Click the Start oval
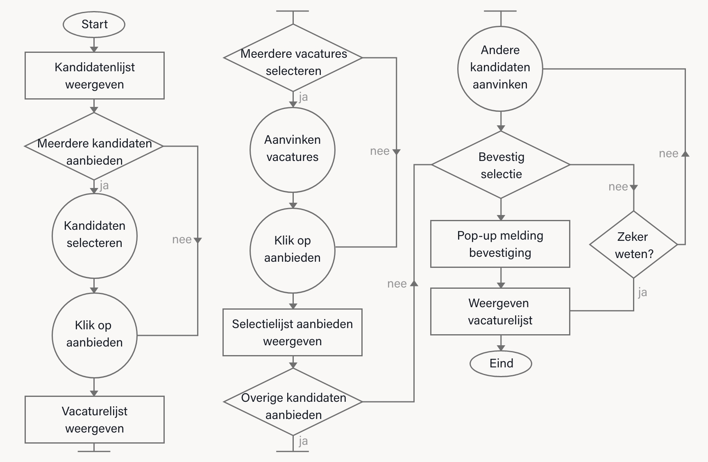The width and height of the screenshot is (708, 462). [x=94, y=24]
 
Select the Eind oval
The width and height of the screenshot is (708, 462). [x=500, y=363]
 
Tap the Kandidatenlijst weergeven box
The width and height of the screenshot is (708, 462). [x=94, y=75]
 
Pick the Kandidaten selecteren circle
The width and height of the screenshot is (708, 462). [x=94, y=236]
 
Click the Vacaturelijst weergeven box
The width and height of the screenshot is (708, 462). [x=94, y=419]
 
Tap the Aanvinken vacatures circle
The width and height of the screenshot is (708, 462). [x=293, y=149]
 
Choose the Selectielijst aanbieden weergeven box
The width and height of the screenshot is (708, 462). [x=292, y=332]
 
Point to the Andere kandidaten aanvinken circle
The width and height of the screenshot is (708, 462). [x=500, y=68]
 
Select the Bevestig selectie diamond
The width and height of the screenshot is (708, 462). [x=501, y=165]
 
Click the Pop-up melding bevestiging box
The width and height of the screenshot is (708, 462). [x=500, y=244]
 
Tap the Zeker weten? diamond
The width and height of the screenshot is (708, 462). [x=633, y=245]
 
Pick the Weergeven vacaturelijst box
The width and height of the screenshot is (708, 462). [x=500, y=311]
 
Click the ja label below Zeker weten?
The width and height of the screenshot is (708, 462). [x=642, y=292]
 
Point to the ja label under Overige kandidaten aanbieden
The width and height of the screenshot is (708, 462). [x=303, y=441]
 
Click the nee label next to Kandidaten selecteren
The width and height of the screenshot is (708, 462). [x=182, y=240]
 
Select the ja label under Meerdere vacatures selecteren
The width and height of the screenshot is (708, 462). [x=303, y=97]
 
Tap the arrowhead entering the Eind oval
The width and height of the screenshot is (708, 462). [x=501, y=348]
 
